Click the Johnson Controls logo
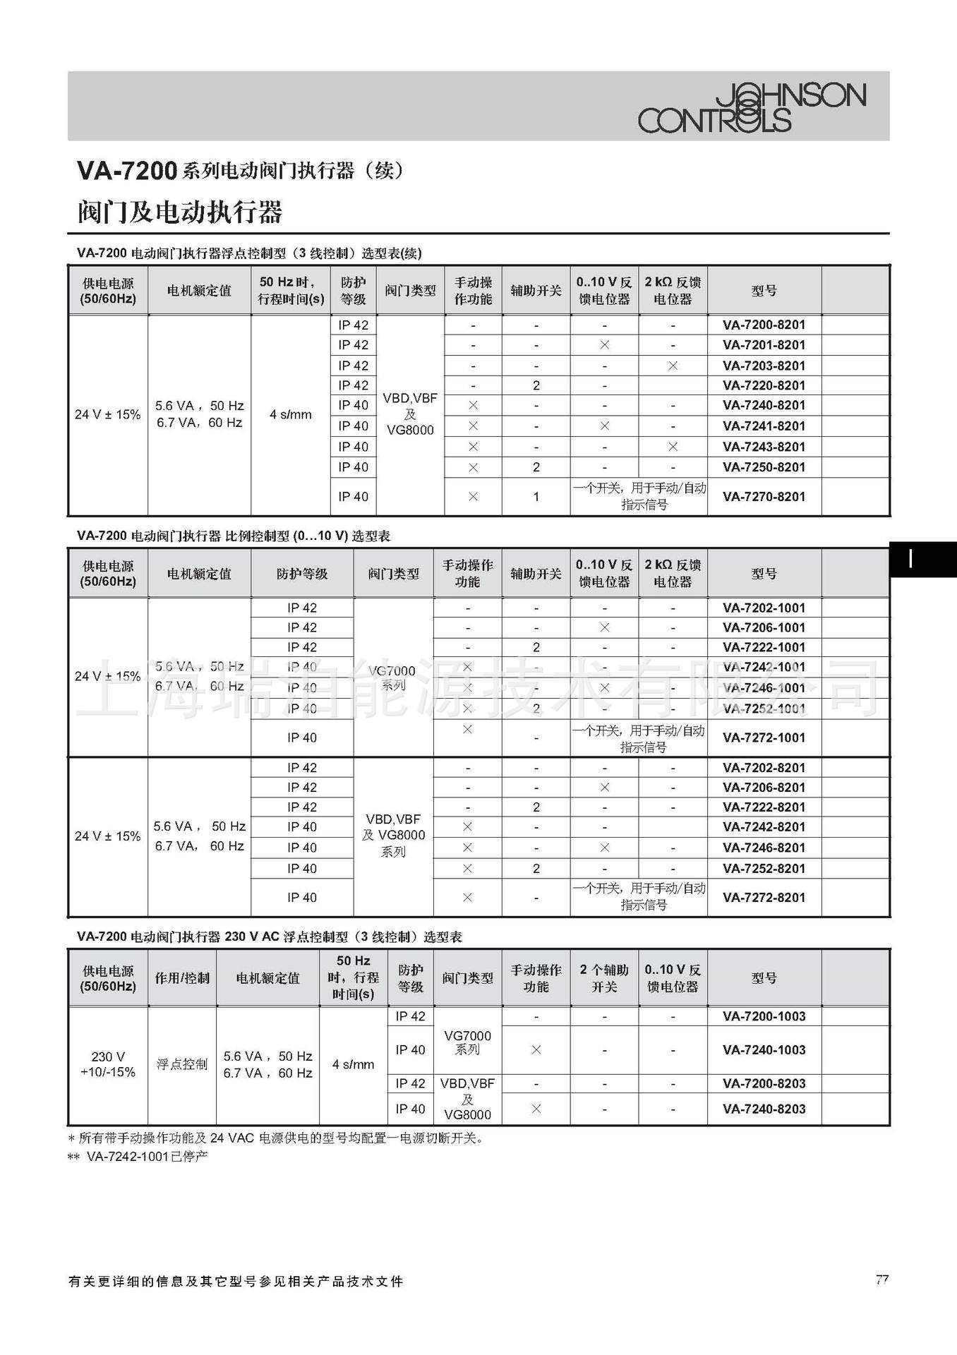click(752, 108)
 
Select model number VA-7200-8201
click(764, 325)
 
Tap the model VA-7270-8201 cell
click(764, 497)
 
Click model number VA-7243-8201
click(764, 447)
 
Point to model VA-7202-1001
click(764, 608)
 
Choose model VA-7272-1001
click(764, 737)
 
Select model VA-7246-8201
click(764, 848)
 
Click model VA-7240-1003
click(764, 1050)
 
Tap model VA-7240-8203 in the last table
click(764, 1109)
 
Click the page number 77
click(881, 1280)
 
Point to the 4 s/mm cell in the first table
click(290, 415)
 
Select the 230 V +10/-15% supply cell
click(108, 1064)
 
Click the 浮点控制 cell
click(182, 1064)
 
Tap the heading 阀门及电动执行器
click(180, 212)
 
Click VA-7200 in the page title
click(126, 171)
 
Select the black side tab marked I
click(917, 560)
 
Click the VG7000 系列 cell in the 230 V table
click(467, 1042)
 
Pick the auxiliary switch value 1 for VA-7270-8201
click(536, 497)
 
